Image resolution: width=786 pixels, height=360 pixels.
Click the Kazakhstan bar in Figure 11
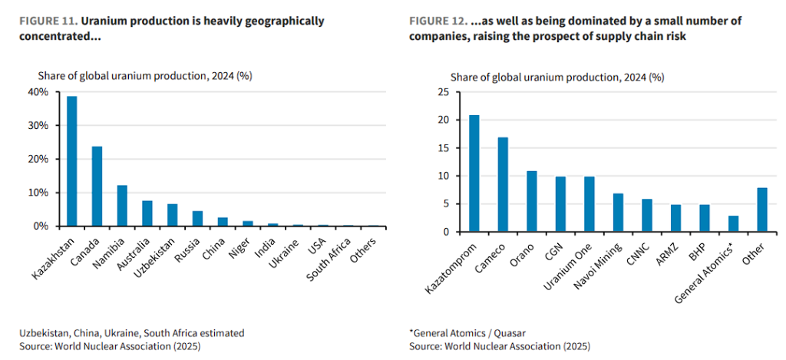point(72,161)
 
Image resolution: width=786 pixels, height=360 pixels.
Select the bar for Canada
point(97,187)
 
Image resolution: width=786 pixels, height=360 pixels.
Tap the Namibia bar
point(122,206)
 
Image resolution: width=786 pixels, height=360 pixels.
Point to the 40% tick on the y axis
point(38,92)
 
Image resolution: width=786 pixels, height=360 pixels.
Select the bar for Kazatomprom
point(474,173)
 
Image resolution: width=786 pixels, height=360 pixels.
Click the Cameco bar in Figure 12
point(503,184)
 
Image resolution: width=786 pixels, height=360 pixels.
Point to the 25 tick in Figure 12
point(443,92)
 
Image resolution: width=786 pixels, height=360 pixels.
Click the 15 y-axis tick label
point(443,148)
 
